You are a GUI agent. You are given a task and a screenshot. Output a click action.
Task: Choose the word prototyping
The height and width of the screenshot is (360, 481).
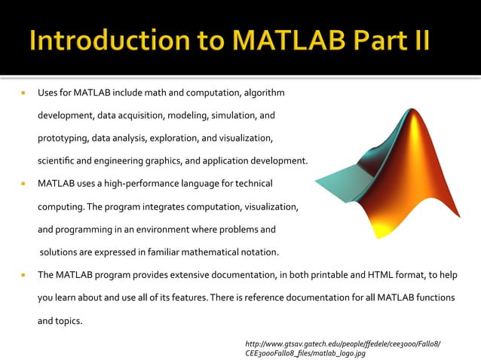coord(63,139)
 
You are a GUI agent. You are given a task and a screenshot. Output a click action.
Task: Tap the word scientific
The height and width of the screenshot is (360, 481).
coord(59,160)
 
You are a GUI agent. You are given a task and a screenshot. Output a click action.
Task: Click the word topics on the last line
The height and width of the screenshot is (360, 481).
coord(69,320)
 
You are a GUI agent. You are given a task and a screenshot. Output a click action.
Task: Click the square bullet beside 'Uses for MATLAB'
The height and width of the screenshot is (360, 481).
coord(24,94)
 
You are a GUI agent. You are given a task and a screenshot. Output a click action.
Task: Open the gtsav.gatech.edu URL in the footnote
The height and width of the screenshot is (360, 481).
coord(343,344)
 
